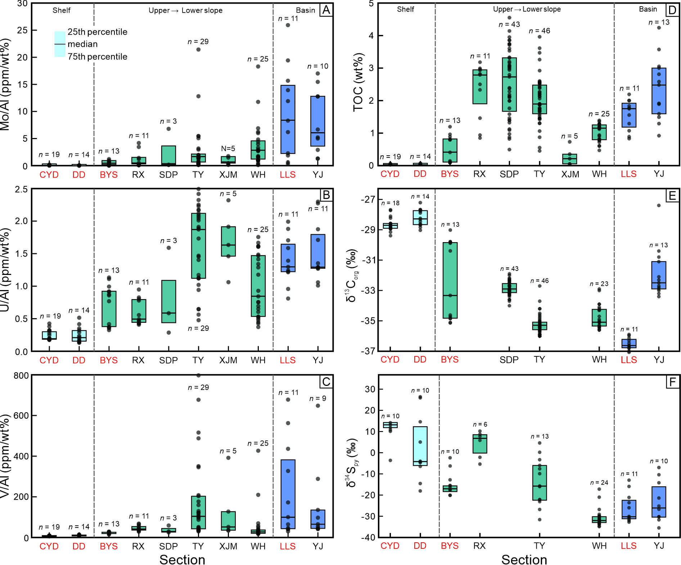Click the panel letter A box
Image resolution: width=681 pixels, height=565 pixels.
pos(326,10)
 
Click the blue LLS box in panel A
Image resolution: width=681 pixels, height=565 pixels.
pos(288,119)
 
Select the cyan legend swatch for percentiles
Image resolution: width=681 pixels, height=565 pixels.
pos(60,44)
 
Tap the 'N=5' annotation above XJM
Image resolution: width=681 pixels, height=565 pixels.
pos(228,148)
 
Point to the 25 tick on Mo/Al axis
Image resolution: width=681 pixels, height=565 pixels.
pos(22,30)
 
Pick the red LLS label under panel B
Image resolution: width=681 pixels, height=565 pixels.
pos(288,360)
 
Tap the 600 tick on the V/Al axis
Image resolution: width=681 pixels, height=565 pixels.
pos(21,415)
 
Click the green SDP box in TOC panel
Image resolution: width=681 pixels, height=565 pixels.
pos(509,84)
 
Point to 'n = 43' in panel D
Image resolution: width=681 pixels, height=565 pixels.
pos(509,25)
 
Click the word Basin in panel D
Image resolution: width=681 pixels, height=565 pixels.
pos(648,9)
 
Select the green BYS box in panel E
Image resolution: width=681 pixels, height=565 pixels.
pos(450,280)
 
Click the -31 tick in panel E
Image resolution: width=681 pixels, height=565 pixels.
pos(368,260)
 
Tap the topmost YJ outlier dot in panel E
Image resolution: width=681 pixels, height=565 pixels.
pos(659,205)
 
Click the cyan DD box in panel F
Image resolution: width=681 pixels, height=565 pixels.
pos(420,446)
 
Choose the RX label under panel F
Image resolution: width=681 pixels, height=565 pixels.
pos(479,546)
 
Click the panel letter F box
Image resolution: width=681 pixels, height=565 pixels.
pos(672,382)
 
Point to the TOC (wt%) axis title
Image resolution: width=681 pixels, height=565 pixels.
pos(358,83)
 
